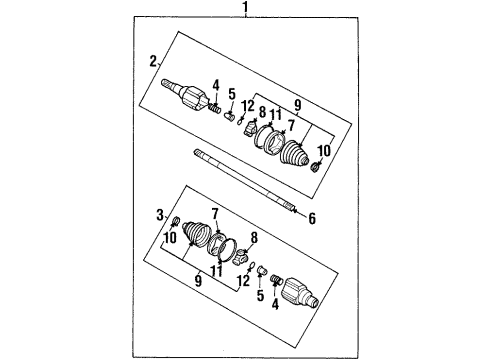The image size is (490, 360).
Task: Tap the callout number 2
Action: pos(153,62)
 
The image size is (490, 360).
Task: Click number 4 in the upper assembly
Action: pos(215,83)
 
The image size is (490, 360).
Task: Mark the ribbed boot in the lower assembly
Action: pos(196,244)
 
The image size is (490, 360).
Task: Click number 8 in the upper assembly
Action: pos(262,113)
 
